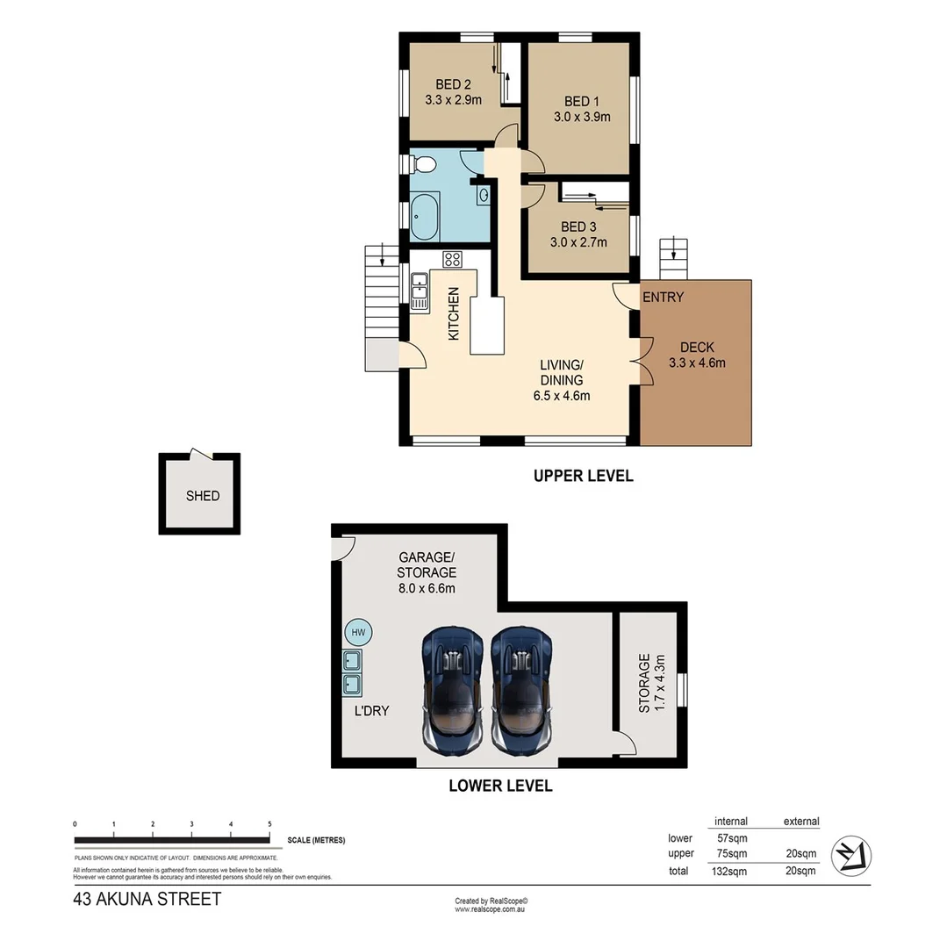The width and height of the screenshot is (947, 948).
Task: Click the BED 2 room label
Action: click(453, 84)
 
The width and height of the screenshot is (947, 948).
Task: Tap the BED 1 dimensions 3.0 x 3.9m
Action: click(582, 116)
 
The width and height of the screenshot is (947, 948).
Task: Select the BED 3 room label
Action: click(578, 226)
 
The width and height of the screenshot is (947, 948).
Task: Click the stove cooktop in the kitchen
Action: click(453, 259)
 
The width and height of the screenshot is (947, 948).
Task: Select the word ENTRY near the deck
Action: click(663, 298)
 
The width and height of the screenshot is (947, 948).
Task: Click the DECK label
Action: click(697, 347)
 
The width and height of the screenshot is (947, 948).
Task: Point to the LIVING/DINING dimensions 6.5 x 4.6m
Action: click(562, 395)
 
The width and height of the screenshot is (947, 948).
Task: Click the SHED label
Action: click(203, 496)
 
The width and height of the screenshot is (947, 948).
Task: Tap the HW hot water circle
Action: click(358, 631)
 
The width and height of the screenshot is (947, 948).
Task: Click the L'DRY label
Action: click(371, 710)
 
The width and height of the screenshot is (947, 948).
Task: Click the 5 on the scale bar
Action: click(269, 824)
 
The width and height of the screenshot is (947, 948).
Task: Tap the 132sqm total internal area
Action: click(729, 872)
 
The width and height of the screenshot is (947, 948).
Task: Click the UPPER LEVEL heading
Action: click(584, 477)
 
